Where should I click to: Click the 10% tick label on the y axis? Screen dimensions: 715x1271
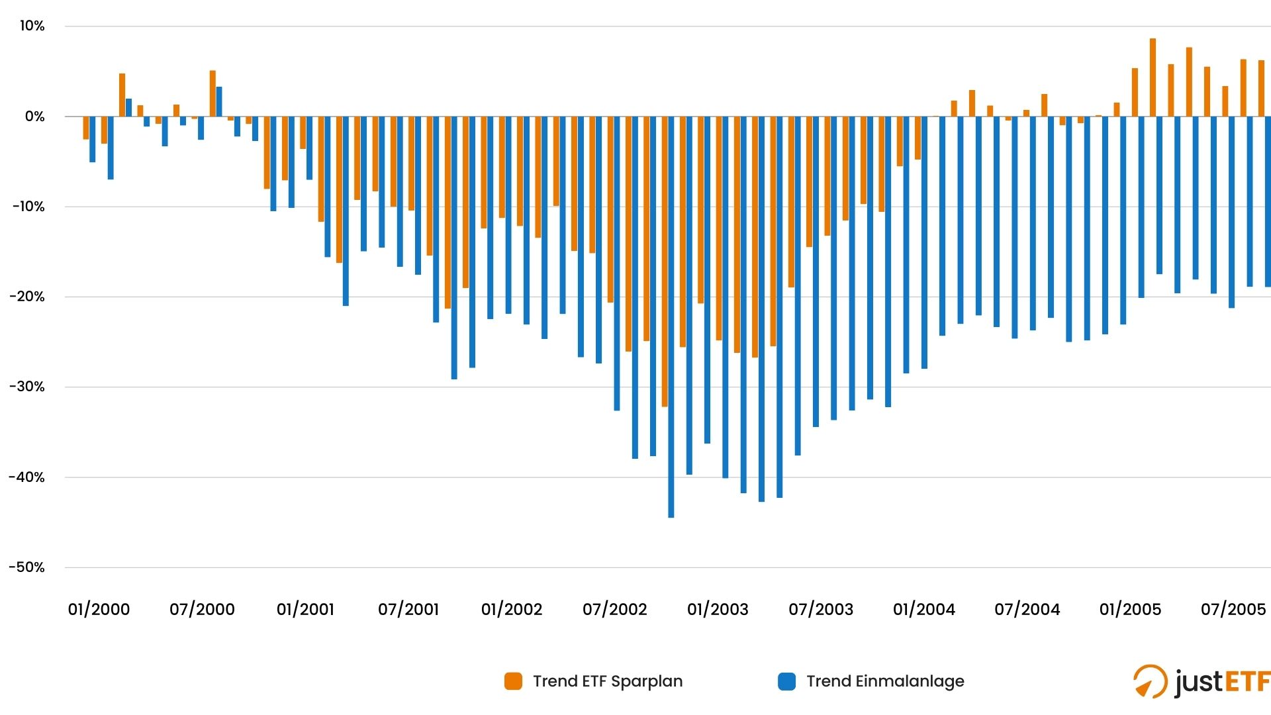32,26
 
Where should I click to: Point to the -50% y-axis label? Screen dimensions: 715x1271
27,567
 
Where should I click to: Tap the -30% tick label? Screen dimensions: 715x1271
27,387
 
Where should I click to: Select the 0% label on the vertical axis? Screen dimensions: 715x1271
34,117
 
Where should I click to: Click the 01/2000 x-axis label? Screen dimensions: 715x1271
99,609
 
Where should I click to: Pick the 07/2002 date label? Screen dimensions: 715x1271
614,609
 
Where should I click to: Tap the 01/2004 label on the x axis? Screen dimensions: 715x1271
923,609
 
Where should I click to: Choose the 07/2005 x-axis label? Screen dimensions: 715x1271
1233,609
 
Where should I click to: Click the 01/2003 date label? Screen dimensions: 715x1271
718,609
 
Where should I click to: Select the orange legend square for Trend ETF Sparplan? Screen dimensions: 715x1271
513,681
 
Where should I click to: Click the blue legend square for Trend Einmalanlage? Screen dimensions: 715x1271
786,681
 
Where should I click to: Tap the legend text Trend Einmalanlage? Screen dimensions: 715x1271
885,681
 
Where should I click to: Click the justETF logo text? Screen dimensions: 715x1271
1222,681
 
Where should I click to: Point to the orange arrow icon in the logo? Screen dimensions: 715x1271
1149,682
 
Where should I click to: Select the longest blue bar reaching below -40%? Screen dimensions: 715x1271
671,318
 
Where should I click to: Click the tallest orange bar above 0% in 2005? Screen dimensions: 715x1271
1153,77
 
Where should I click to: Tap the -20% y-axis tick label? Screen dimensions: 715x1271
27,297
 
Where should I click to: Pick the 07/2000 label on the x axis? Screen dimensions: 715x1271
202,609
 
